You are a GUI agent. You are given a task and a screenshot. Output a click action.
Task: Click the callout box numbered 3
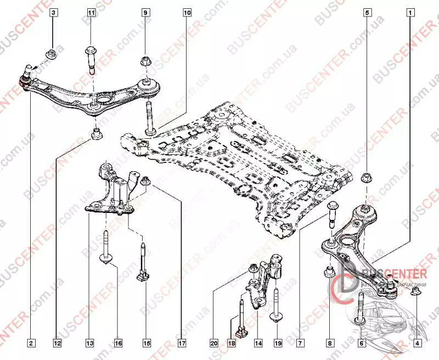(53, 12)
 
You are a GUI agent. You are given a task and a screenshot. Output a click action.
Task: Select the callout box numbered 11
(91, 12)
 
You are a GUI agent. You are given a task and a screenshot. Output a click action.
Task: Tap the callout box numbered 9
(145, 12)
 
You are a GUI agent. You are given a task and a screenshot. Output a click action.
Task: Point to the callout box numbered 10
(188, 12)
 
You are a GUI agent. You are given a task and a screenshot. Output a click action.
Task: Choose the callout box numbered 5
(368, 12)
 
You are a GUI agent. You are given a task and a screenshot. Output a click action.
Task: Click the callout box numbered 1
(410, 12)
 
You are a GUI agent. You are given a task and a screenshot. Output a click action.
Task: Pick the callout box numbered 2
(31, 344)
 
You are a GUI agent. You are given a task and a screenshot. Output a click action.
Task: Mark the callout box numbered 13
(89, 344)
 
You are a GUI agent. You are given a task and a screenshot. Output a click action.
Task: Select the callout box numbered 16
(118, 344)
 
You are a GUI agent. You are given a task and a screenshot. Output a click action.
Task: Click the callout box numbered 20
(213, 344)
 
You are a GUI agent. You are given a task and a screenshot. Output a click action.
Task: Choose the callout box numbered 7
(300, 344)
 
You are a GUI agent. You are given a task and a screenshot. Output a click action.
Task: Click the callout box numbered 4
(418, 344)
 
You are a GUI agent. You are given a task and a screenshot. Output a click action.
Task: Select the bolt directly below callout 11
(91, 59)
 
